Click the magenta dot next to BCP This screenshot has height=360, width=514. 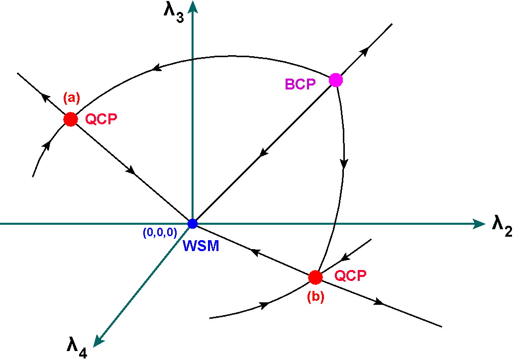coord(336,80)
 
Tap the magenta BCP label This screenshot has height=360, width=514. coord(300,85)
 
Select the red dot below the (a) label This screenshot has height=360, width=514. coord(71,119)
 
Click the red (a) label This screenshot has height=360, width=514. coord(72,98)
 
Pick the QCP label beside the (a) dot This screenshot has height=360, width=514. coord(101,119)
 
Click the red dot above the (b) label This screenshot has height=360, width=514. coord(315,277)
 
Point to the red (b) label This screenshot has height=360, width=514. coord(315,297)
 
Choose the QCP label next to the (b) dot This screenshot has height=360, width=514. coord(350,276)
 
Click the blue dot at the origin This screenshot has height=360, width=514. coord(193,224)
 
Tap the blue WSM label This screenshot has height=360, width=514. coord(201,246)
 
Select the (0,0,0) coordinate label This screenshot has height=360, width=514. coord(160,232)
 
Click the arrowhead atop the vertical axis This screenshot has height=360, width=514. coord(193,6)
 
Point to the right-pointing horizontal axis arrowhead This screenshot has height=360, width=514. coord(479,224)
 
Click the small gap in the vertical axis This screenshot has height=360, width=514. coord(193,60)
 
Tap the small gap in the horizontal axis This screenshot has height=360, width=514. coord(335,224)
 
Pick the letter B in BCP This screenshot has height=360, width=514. coord(290,85)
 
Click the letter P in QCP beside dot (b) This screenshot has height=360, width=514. coord(362,276)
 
